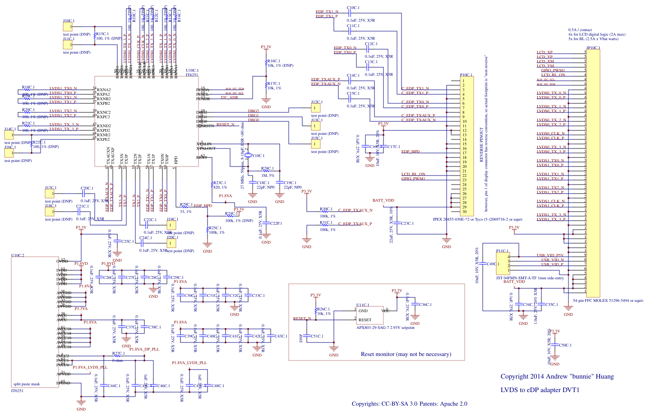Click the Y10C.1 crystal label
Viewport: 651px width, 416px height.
(258, 156)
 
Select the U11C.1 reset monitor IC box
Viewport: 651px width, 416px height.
(369, 315)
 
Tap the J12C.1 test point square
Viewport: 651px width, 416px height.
(316, 108)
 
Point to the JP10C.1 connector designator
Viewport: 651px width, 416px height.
(593, 48)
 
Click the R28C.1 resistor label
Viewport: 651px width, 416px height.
(268, 168)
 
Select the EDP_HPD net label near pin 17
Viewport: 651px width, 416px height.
(410, 152)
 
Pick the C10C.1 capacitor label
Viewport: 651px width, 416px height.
(353, 8)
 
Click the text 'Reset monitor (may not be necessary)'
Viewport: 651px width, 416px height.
(406, 354)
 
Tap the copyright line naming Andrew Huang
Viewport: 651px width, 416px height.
(557, 376)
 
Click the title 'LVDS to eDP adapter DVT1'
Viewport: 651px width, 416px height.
(540, 390)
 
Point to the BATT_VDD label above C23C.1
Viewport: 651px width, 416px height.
(383, 200)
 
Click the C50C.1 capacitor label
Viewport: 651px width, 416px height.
(565, 345)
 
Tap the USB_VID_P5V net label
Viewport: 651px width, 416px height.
(550, 255)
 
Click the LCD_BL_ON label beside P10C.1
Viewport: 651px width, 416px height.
(413, 174)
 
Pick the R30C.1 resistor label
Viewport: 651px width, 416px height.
(326, 209)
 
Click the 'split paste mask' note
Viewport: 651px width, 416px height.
(27, 384)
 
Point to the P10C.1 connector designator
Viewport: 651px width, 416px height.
(466, 75)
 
